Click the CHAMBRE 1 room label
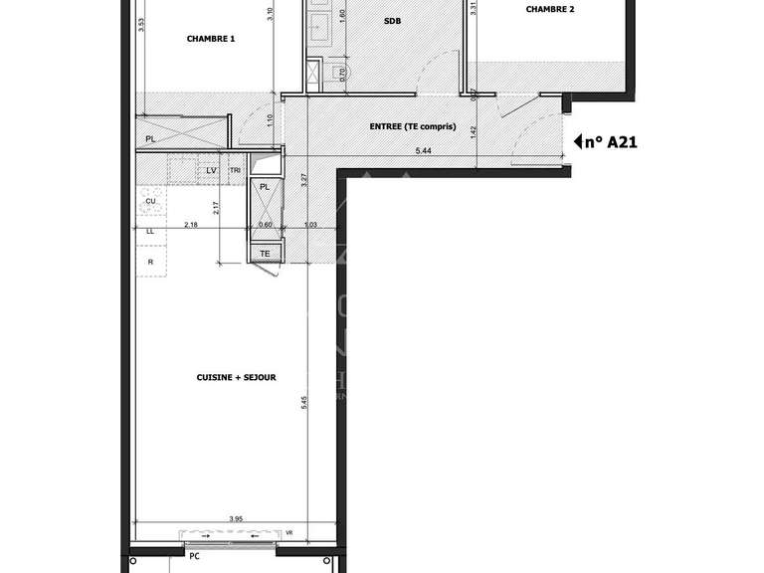pyautogui.click(x=211, y=40)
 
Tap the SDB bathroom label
pyautogui.click(x=392, y=20)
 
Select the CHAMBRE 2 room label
pyautogui.click(x=549, y=9)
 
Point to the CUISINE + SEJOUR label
pyautogui.click(x=237, y=378)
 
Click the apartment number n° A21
pyautogui.click(x=610, y=142)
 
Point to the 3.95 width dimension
pyautogui.click(x=235, y=517)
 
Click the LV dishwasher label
pyautogui.click(x=211, y=171)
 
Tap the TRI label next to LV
pyautogui.click(x=235, y=171)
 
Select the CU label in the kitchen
pyautogui.click(x=151, y=201)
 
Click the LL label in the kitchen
pyautogui.click(x=151, y=231)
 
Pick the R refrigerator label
pyautogui.click(x=150, y=261)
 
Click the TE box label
pyautogui.click(x=265, y=254)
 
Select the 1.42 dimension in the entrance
pyautogui.click(x=476, y=129)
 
